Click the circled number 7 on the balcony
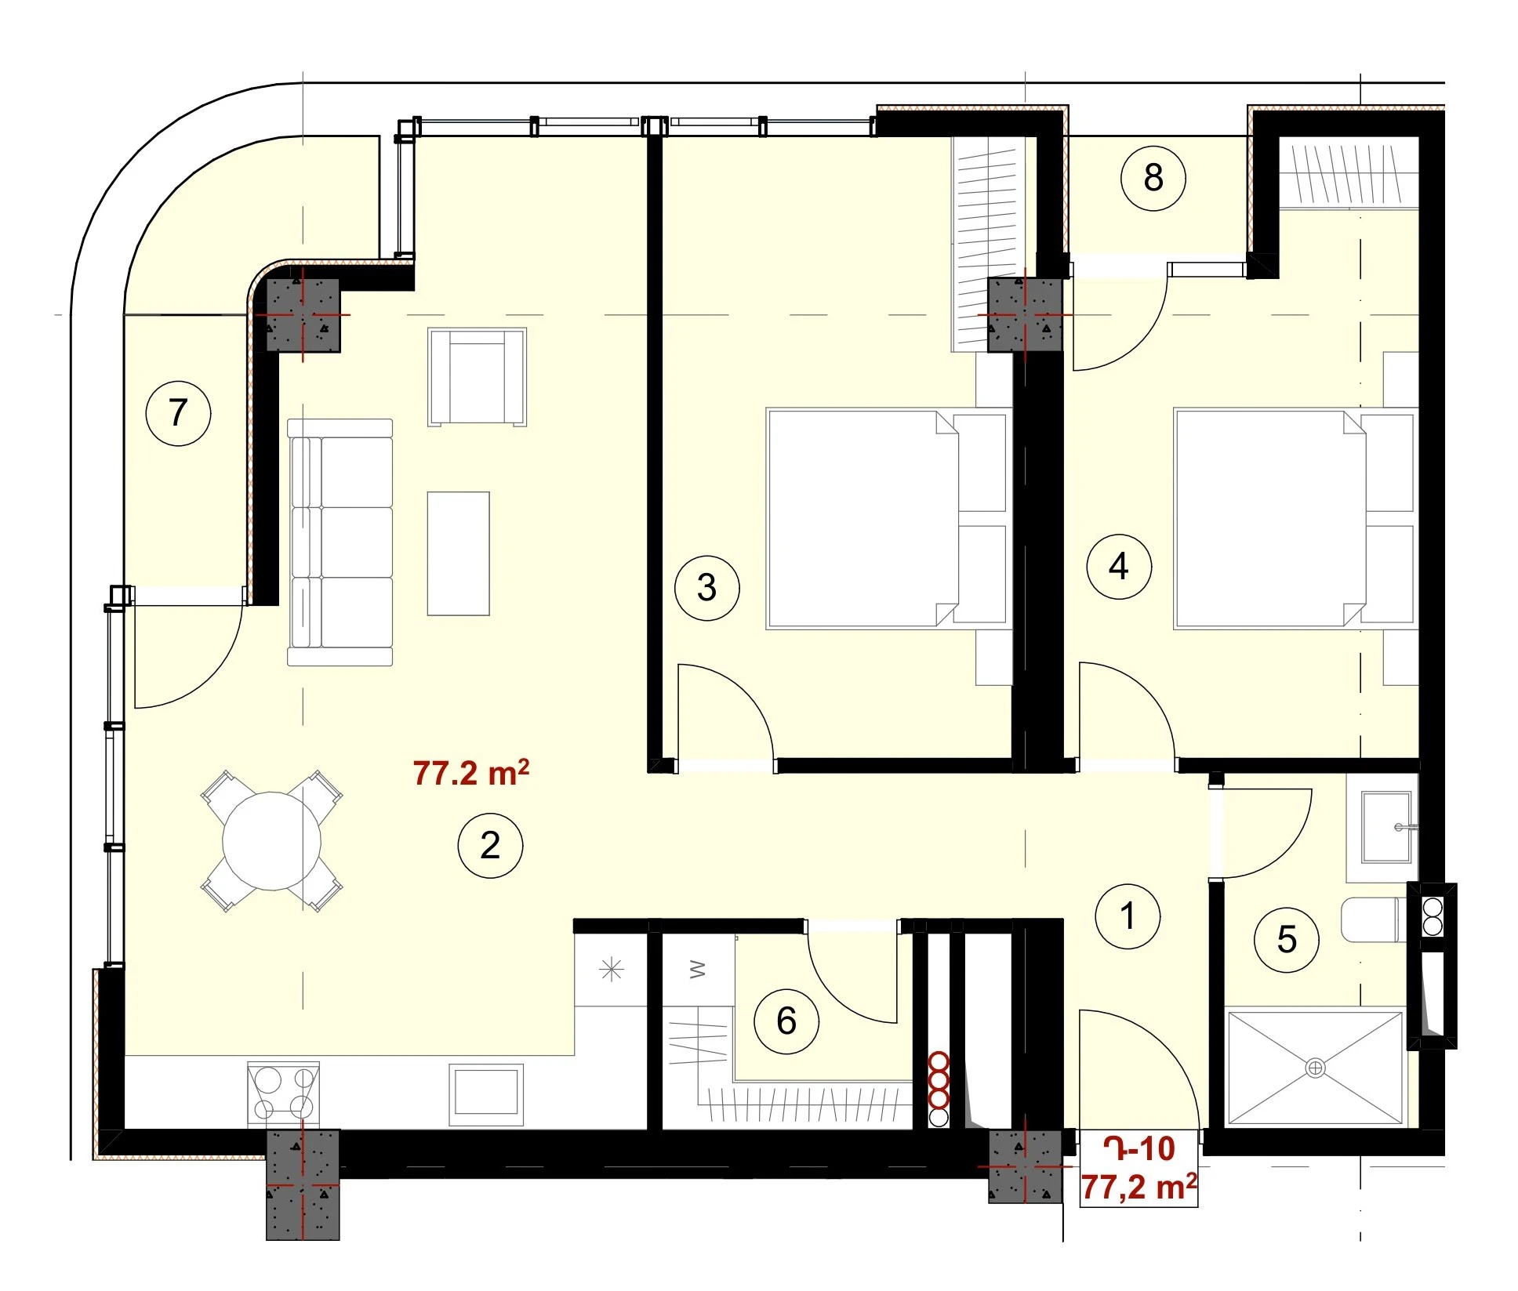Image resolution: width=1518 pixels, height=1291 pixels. click(x=179, y=413)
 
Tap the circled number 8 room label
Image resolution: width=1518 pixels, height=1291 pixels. click(x=1153, y=178)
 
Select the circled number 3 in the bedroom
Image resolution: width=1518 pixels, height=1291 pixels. click(x=707, y=588)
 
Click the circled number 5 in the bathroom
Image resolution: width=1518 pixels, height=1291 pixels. click(x=1287, y=940)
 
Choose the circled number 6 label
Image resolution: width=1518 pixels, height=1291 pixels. click(x=786, y=1021)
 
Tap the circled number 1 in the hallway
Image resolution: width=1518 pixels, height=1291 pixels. click(x=1128, y=916)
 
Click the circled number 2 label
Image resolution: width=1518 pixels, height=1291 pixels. click(x=490, y=845)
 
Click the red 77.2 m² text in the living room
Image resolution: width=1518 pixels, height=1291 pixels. click(x=470, y=773)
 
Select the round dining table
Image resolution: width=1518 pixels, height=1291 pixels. click(x=271, y=841)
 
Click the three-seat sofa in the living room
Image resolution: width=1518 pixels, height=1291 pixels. click(x=340, y=542)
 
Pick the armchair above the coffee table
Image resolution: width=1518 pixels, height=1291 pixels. click(x=477, y=377)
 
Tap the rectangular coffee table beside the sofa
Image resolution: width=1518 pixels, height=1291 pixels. click(x=458, y=553)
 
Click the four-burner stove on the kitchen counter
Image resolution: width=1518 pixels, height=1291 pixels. click(x=283, y=1093)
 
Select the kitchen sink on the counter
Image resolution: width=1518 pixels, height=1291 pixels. click(x=486, y=1094)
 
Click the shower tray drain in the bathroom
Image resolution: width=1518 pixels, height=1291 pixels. click(x=1315, y=1068)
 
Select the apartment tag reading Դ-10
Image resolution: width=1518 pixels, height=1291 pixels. click(x=1138, y=1149)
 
